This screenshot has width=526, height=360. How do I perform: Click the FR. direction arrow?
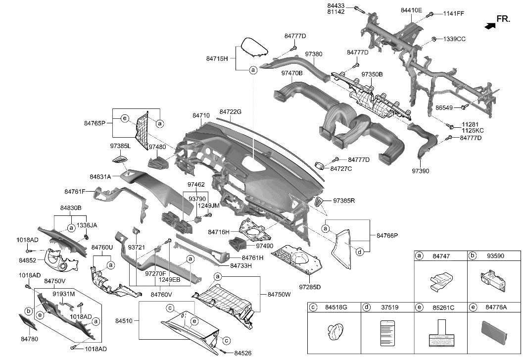pyautogui.click(x=489, y=25)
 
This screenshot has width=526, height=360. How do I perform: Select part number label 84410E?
pyautogui.click(x=411, y=10)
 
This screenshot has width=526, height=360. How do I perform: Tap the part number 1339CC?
pyautogui.click(x=454, y=39)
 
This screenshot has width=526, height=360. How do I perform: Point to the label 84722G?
pyautogui.click(x=230, y=112)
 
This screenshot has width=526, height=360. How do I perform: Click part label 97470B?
pyautogui.click(x=292, y=73)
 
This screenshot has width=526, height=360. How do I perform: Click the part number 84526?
pyautogui.click(x=243, y=353)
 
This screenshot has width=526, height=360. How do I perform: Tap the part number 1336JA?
pyautogui.click(x=87, y=225)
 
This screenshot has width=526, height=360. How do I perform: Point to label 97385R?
pyautogui.click(x=344, y=201)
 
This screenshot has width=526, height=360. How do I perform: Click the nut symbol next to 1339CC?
pyautogui.click(x=433, y=39)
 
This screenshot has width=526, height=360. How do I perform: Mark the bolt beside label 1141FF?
pyautogui.click(x=431, y=14)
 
